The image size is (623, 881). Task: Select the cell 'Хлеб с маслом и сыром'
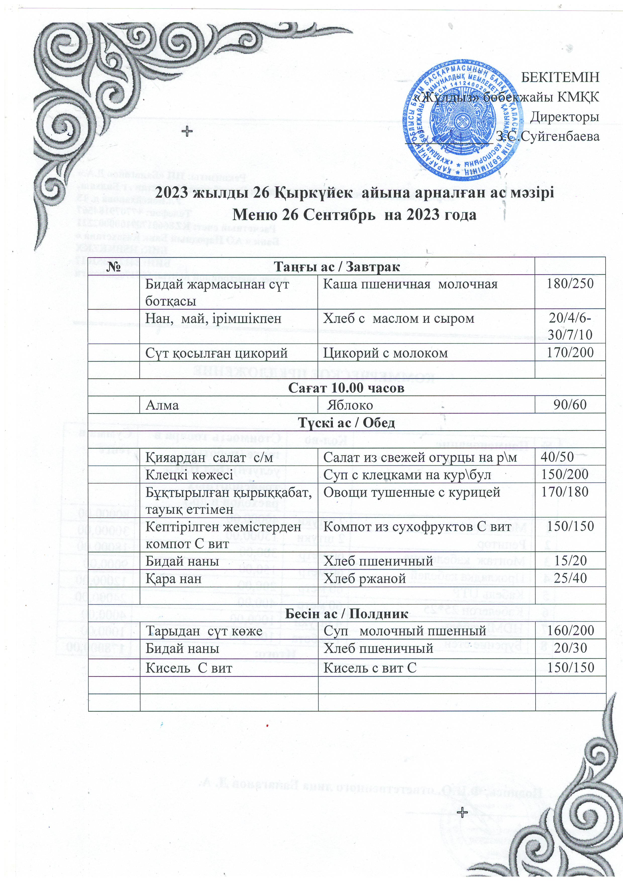pos(398,318)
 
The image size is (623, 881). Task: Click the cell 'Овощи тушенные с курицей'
pos(411,492)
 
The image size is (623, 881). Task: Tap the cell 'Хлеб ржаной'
pos(365,579)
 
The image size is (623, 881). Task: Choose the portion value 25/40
pos(570,578)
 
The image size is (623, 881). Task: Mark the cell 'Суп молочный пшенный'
pos(405,631)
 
